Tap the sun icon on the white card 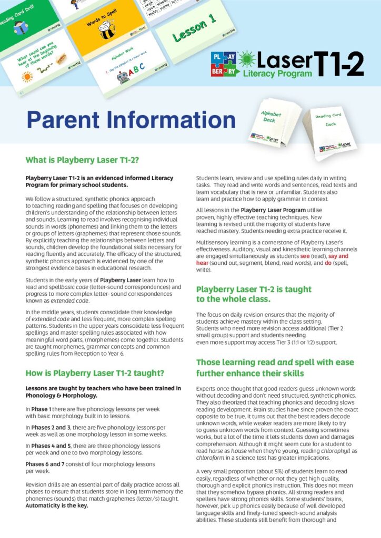point(27,77)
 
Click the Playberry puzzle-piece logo point(223,64)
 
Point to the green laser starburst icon point(247,59)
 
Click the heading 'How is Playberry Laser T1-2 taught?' point(95,373)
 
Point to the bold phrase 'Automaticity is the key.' point(57,505)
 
